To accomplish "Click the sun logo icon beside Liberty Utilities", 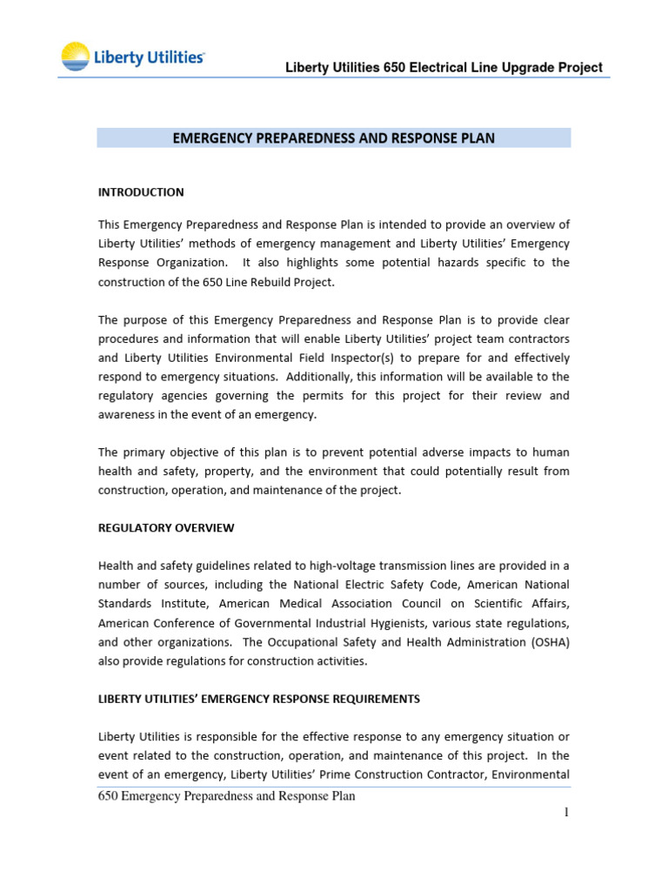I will coord(74,57).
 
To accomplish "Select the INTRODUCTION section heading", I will coord(141,192).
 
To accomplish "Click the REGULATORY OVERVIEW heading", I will coord(166,528).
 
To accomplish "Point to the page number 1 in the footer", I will coord(565,812).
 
